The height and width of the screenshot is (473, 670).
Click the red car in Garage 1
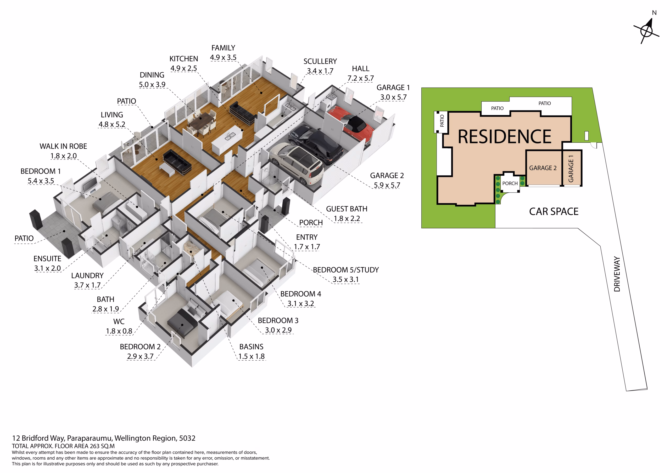point(350,122)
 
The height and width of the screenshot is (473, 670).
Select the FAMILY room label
point(223,48)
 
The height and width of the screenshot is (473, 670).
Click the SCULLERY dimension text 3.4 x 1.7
point(320,71)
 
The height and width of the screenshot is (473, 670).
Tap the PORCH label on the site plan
point(510,183)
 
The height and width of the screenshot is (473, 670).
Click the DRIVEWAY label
point(617,274)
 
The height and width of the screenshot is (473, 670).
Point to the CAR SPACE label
point(554,211)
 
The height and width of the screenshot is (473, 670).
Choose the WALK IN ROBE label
point(63,146)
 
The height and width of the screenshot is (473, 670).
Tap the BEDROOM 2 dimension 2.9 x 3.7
point(140,356)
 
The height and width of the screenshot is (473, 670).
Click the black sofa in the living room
point(177,162)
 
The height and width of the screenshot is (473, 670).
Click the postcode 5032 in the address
point(187,438)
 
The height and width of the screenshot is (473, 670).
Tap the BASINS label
point(251,347)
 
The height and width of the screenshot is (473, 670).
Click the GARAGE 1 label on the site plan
point(571,169)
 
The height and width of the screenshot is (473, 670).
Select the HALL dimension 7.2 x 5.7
point(360,78)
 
